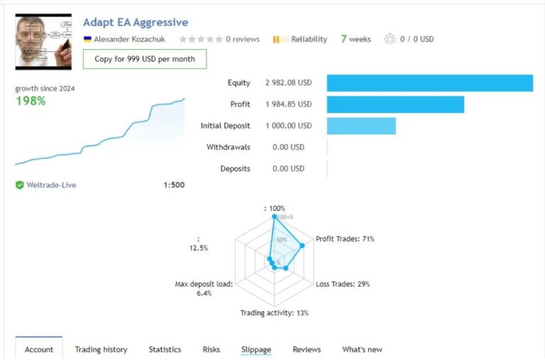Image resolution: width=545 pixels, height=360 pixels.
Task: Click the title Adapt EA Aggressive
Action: (136, 23)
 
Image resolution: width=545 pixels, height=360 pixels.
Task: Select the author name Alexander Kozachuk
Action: (129, 40)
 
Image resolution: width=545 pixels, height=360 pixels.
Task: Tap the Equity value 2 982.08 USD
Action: (288, 83)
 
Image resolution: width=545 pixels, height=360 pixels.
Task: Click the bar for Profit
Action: (395, 104)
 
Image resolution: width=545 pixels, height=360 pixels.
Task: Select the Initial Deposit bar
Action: (361, 126)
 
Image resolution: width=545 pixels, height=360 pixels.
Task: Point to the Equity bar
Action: (429, 83)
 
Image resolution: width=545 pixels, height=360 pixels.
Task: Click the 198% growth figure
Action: (31, 101)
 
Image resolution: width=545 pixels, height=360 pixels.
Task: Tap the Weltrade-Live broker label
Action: (51, 185)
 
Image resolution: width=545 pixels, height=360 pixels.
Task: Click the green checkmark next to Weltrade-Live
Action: (20, 185)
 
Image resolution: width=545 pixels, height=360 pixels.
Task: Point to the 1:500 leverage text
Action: (174, 185)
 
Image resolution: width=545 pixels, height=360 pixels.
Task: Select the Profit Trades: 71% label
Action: (345, 239)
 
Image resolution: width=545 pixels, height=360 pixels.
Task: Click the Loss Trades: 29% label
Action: (342, 284)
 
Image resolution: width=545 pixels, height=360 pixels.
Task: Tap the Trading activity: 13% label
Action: (274, 313)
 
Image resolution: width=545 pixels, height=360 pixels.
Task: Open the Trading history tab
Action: (101, 349)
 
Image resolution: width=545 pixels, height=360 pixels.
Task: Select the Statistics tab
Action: (165, 349)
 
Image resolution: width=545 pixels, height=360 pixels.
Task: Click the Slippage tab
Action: (255, 349)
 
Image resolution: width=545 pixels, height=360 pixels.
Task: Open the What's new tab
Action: (362, 349)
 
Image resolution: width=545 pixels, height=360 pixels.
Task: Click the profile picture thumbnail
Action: (43, 42)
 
